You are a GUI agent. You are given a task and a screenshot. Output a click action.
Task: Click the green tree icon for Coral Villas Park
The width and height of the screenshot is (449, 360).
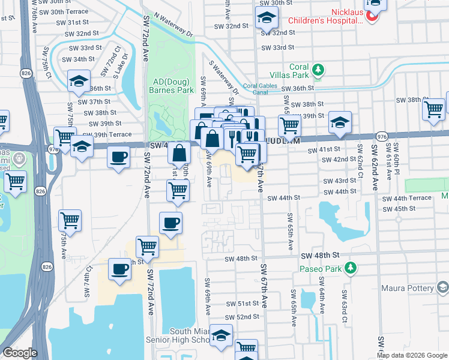pos(318,71)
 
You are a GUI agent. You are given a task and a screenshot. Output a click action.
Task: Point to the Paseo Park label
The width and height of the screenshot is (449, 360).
pos(321,268)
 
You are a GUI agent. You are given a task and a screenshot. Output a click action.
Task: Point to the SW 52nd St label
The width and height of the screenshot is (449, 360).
pos(243,316)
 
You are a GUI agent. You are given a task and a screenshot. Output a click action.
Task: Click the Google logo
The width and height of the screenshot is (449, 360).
pos(20,353)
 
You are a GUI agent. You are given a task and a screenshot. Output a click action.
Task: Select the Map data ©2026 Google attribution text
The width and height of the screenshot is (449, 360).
pos(411,355)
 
